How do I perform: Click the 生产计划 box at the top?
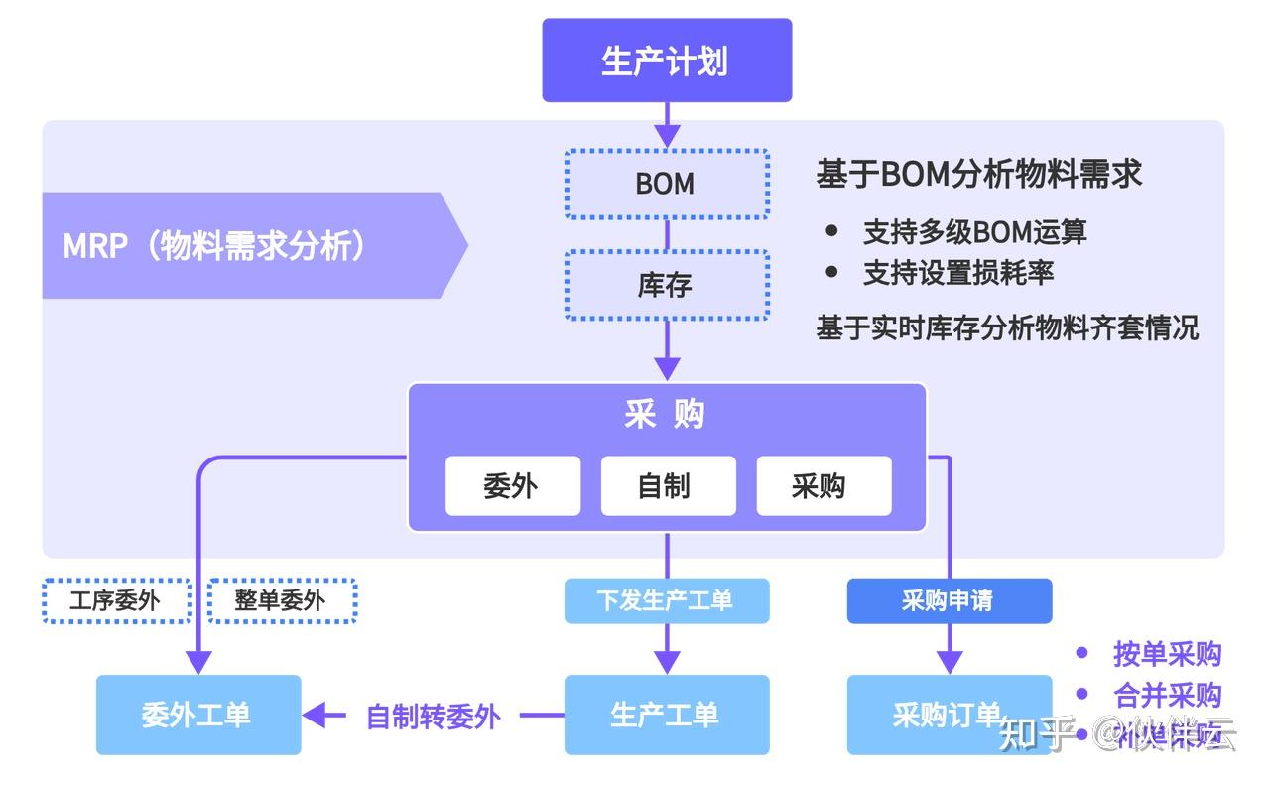point(666,61)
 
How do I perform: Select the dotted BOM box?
point(666,184)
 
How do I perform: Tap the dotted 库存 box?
point(666,285)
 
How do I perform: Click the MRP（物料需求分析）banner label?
point(214,245)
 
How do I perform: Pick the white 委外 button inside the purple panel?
point(512,486)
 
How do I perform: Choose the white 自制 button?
point(668,486)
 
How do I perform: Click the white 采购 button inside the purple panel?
point(823,486)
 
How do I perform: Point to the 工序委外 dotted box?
point(116,600)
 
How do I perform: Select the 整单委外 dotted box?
point(281,600)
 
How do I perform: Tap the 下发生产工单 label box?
point(666,600)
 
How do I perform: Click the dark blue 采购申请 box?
point(949,600)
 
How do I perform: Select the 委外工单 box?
point(197,715)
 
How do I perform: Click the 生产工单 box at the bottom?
point(666,715)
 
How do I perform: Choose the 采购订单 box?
point(949,715)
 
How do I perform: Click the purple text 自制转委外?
point(434,716)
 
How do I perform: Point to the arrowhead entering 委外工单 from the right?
point(315,715)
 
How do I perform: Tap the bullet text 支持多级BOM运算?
point(974,232)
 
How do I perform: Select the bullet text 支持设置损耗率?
point(957,273)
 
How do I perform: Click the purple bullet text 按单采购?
point(1167,654)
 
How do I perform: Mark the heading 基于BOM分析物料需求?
point(978,174)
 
